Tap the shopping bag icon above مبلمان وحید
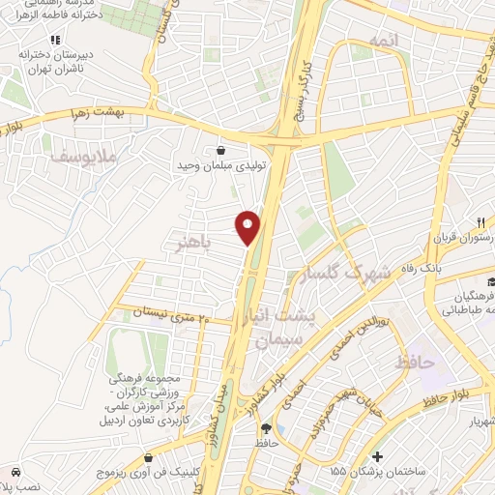223,150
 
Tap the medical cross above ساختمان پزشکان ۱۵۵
376,456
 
